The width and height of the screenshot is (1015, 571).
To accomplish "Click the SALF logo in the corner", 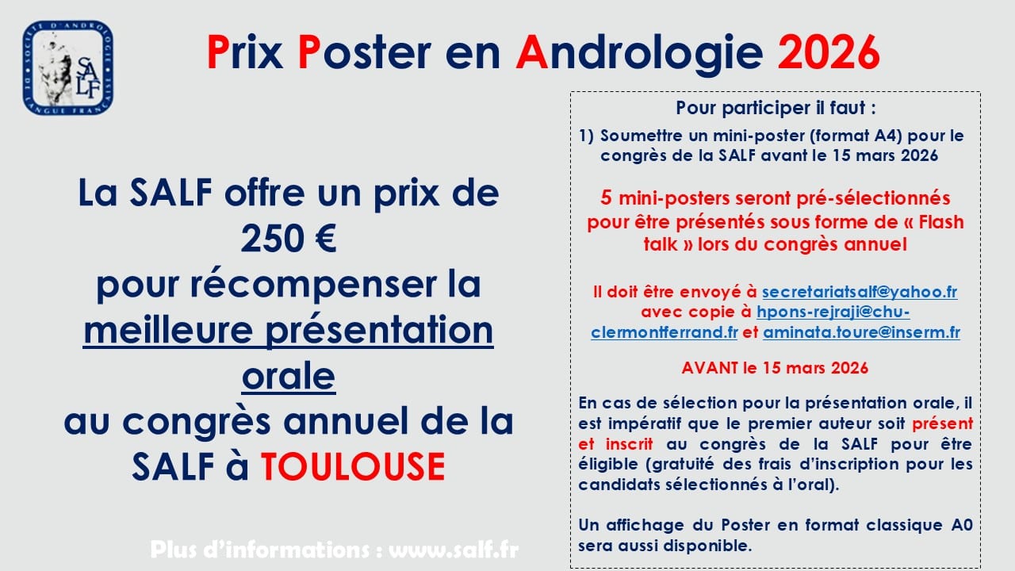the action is (x=68, y=67).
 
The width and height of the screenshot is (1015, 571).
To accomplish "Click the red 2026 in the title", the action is (x=829, y=52).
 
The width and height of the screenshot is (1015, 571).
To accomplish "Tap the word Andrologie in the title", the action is (x=639, y=54).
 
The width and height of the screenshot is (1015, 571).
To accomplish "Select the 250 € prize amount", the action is (x=288, y=239).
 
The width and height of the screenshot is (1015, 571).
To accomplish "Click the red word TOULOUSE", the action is (x=353, y=466).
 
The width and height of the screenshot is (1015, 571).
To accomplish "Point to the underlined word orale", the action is (x=289, y=376).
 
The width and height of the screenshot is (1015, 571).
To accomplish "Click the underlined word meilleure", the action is (x=168, y=330).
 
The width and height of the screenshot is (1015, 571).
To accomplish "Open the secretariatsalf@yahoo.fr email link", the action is (x=860, y=292).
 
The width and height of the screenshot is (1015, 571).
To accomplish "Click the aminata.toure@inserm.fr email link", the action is (x=861, y=332).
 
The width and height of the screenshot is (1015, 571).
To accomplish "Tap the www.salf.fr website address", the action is (x=454, y=550).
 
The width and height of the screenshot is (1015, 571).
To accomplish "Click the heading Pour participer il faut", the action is (x=776, y=109).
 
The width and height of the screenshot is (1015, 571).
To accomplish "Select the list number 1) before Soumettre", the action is (x=586, y=136).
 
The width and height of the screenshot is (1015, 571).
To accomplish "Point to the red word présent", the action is (x=943, y=423).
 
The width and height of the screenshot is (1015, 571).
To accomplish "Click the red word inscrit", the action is (x=630, y=444).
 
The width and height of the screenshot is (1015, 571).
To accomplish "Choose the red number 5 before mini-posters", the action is (x=606, y=198).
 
